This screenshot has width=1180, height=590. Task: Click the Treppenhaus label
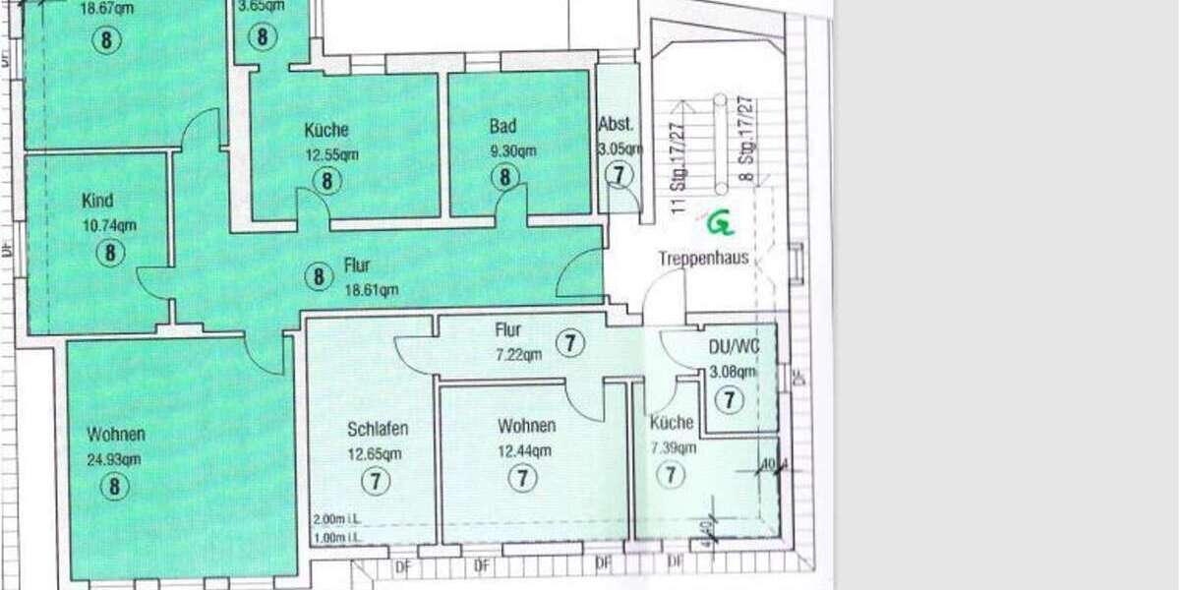pos(703,259)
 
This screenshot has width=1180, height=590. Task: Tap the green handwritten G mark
pos(721,224)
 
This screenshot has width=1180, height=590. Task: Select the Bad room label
pos(502,127)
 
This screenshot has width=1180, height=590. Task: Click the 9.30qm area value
pos(513,151)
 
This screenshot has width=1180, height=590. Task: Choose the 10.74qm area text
pos(109,225)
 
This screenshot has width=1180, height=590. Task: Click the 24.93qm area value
pos(114,458)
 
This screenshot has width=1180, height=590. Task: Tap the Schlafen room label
pos(377,430)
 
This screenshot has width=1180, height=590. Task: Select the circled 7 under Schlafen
pos(376,481)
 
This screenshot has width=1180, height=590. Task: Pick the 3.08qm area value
pos(733,372)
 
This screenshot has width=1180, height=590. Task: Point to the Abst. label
pos(617,125)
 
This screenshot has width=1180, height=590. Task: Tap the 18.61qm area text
pos(371,289)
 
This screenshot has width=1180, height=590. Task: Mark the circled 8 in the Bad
pos(504,178)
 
